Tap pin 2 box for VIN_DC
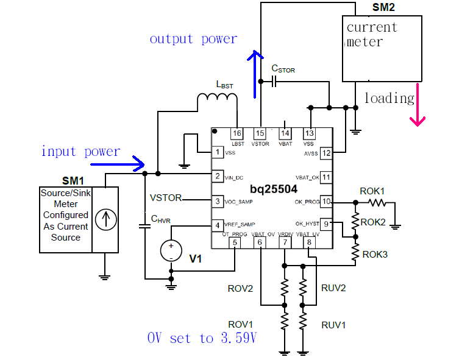pos(216,176)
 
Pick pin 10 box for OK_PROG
pos(327,202)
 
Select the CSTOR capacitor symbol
pos(275,81)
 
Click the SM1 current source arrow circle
pos(105,219)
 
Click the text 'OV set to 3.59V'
pos(202,338)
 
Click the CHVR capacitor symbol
pos(145,226)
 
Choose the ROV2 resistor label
pos(240,288)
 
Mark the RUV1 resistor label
pos(333,325)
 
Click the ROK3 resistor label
pos(375,254)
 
